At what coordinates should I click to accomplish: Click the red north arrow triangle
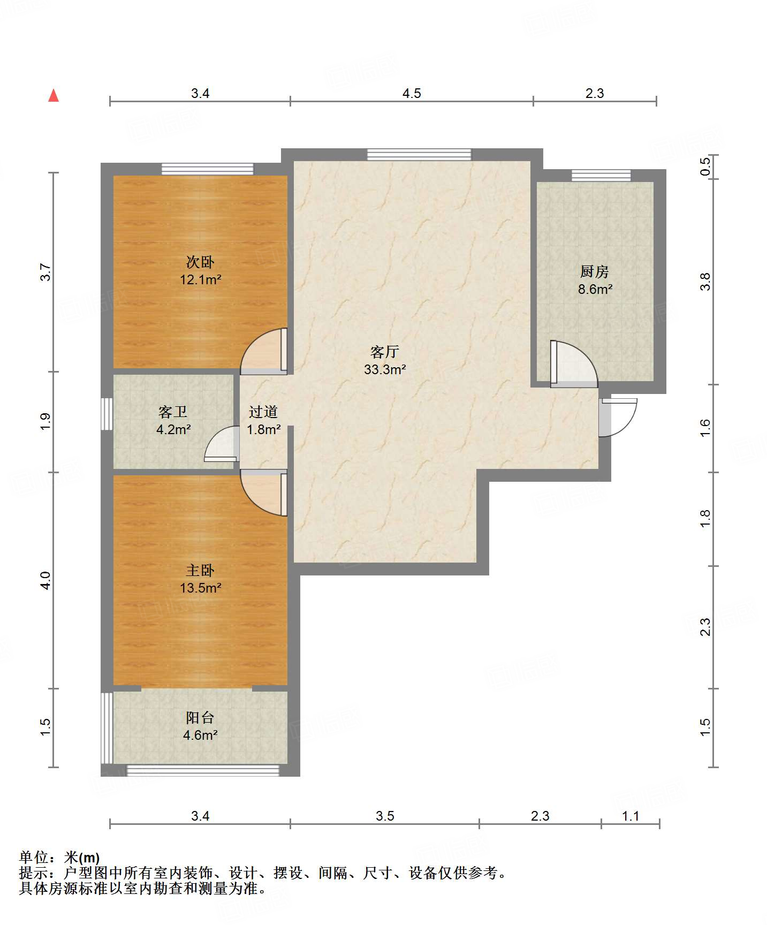pyautogui.click(x=54, y=95)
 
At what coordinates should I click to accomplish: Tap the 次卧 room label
pyautogui.click(x=200, y=262)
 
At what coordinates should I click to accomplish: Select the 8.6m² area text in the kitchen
pyautogui.click(x=595, y=290)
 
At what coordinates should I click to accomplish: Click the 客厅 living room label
pyautogui.click(x=385, y=352)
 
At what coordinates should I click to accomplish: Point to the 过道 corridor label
pyautogui.click(x=263, y=412)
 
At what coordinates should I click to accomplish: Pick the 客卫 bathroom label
pyautogui.click(x=173, y=412)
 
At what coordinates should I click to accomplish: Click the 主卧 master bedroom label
pyautogui.click(x=200, y=571)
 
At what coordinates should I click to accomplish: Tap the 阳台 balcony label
pyautogui.click(x=200, y=718)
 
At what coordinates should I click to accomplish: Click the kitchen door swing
pyautogui.click(x=574, y=364)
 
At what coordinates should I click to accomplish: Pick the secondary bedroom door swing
pyautogui.click(x=264, y=351)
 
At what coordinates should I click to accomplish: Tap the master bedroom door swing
pyautogui.click(x=264, y=493)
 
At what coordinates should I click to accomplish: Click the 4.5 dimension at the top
pyautogui.click(x=412, y=94)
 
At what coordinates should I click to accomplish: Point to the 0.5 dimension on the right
pyautogui.click(x=705, y=166)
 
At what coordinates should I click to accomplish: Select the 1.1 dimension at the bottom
pyautogui.click(x=631, y=816)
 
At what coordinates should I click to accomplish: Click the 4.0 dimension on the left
pyautogui.click(x=45, y=581)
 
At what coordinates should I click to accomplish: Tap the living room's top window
pyautogui.click(x=419, y=155)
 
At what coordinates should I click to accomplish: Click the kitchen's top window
pyautogui.click(x=601, y=176)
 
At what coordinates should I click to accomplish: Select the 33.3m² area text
pyautogui.click(x=385, y=369)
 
